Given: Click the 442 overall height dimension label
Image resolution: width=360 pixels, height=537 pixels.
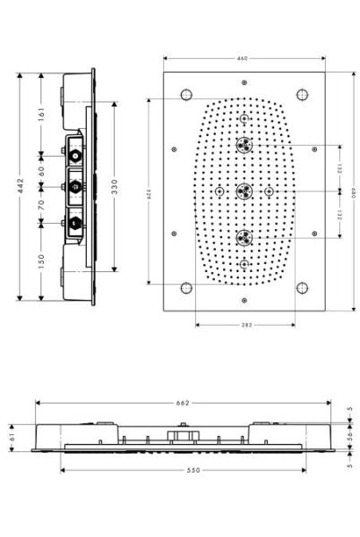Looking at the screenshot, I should (x=20, y=186).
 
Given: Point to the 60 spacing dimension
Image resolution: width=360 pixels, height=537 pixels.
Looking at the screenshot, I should (x=41, y=169).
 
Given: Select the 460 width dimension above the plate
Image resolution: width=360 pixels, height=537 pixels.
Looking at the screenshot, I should (x=242, y=59).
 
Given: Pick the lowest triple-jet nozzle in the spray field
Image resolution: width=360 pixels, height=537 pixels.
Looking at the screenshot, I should (x=244, y=236).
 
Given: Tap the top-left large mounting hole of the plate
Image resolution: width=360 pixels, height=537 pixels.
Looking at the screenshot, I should (x=186, y=95).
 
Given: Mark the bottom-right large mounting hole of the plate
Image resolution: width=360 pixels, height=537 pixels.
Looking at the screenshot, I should (x=302, y=288).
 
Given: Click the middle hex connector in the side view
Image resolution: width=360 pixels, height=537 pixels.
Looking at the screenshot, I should (x=76, y=187).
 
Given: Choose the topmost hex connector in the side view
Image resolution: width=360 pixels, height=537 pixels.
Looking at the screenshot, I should (x=76, y=154).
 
